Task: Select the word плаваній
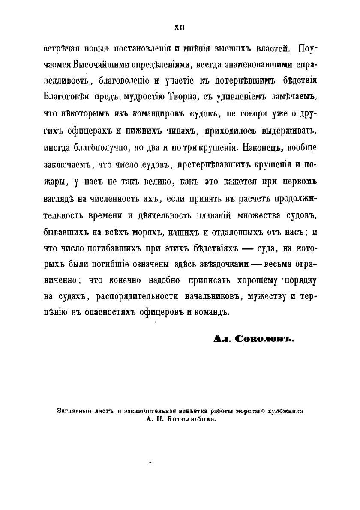200,215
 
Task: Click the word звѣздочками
222,265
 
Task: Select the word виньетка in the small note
207,411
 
